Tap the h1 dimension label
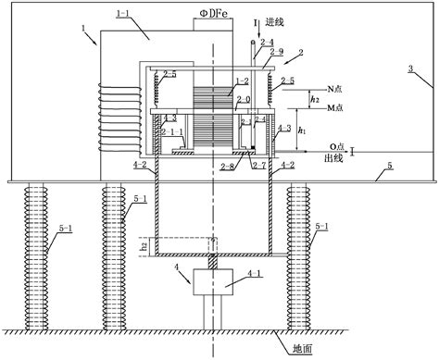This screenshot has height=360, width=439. click(302, 132)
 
